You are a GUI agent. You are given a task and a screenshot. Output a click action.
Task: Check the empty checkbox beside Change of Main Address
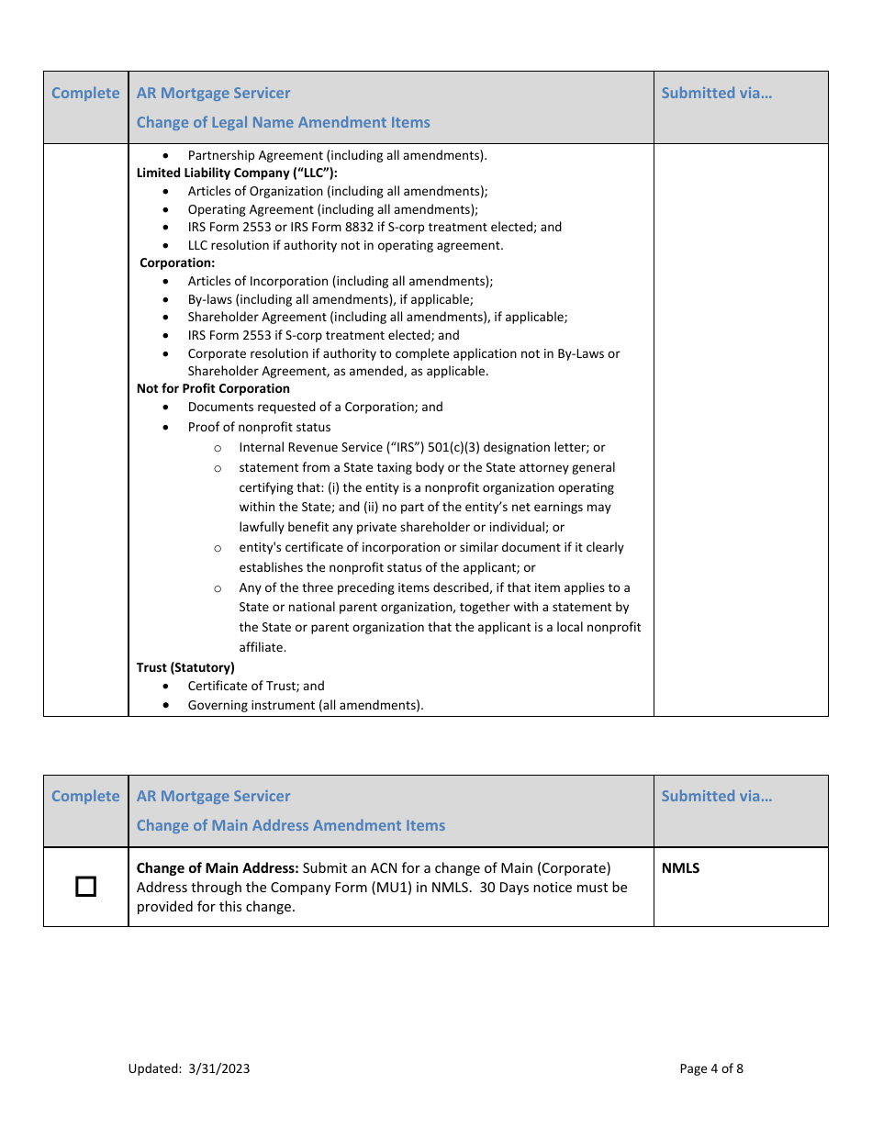(85, 887)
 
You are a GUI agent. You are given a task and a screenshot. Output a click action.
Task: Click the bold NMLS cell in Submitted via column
(680, 868)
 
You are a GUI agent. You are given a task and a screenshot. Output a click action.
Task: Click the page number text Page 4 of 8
(711, 1068)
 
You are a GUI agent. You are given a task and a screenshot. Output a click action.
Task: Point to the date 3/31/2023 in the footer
(218, 1068)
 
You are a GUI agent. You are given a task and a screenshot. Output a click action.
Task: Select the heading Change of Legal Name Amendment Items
(283, 122)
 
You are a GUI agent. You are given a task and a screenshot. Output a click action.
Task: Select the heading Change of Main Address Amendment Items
(290, 825)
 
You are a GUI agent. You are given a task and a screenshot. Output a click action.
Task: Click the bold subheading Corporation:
(177, 263)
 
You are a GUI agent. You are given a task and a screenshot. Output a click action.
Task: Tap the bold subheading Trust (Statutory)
(185, 667)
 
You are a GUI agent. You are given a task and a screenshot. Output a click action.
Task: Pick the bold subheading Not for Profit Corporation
(213, 388)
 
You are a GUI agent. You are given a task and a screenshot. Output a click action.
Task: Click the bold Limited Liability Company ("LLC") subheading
(237, 173)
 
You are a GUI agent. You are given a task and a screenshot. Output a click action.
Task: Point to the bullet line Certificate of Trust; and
(255, 686)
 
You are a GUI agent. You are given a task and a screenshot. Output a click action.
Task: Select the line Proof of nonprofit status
(259, 427)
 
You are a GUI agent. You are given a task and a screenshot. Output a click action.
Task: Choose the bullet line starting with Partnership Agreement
(337, 156)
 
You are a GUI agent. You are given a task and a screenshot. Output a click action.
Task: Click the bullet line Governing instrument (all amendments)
(306, 706)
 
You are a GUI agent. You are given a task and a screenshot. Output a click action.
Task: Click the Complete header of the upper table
(85, 93)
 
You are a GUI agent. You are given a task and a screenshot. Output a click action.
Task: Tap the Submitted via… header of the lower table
(716, 796)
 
